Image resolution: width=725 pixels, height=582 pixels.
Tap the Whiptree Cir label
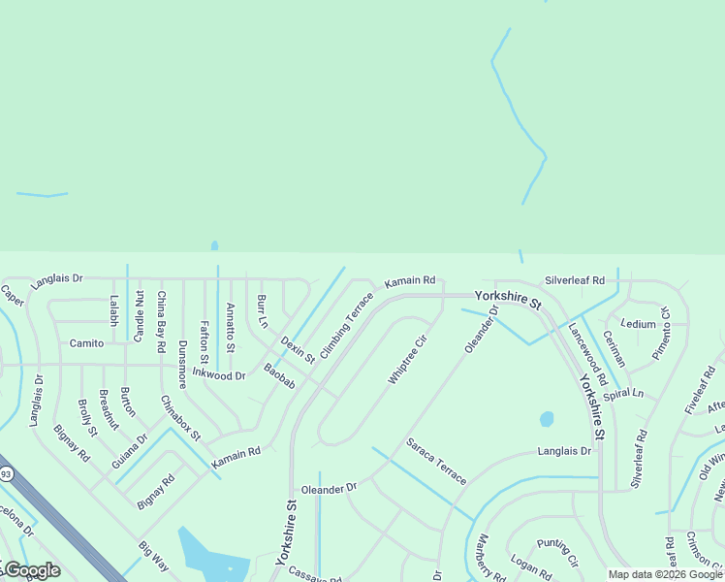click(x=407, y=360)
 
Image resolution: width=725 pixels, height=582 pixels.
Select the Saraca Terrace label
click(x=436, y=461)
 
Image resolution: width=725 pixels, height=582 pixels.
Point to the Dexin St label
click(x=299, y=349)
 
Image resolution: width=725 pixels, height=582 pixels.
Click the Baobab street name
click(x=279, y=376)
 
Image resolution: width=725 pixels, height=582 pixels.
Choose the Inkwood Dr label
click(x=218, y=373)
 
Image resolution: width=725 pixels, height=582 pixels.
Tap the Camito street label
click(x=86, y=343)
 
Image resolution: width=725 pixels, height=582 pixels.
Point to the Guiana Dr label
click(x=130, y=451)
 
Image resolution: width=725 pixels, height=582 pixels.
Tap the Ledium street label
click(x=639, y=324)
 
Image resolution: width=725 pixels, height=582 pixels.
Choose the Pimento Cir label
click(x=661, y=333)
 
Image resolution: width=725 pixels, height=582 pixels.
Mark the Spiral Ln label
click(x=623, y=395)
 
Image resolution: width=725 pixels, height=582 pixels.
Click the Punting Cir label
click(x=557, y=554)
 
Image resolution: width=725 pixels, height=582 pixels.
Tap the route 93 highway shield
click(x=6, y=473)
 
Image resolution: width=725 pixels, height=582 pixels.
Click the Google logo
click(x=31, y=570)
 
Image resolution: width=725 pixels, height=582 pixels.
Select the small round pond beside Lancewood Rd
click(x=547, y=419)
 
